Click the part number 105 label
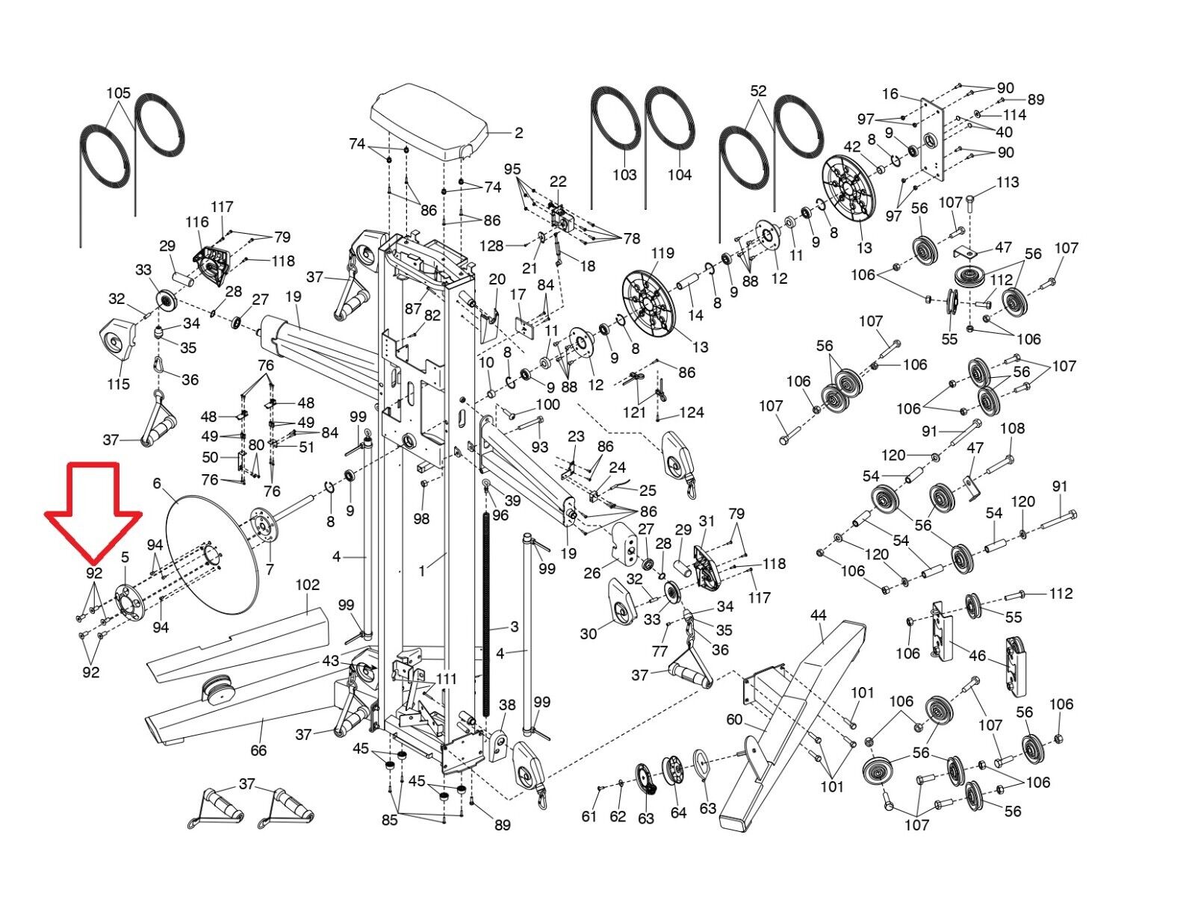click(x=118, y=93)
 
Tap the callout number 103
click(x=624, y=175)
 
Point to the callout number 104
click(x=680, y=175)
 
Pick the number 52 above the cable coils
click(x=758, y=92)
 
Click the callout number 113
click(x=1008, y=182)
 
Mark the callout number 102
click(x=307, y=585)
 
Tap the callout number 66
click(x=258, y=750)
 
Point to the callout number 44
click(x=818, y=615)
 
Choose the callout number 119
click(x=662, y=253)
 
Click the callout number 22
click(x=558, y=181)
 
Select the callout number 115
click(x=117, y=384)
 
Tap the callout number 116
click(x=197, y=222)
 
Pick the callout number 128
click(x=492, y=246)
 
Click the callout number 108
click(x=1012, y=429)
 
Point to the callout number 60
click(x=734, y=719)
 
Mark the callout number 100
click(x=548, y=405)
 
